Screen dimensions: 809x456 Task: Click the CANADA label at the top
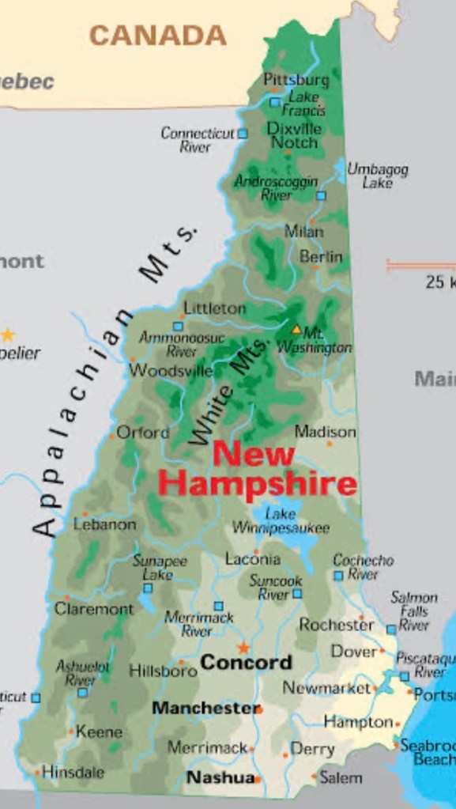(x=157, y=35)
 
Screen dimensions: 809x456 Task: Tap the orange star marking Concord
(x=243, y=648)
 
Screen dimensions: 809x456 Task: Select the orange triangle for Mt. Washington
(x=296, y=329)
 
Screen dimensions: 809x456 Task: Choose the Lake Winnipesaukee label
(x=281, y=520)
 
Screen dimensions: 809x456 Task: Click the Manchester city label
(x=205, y=708)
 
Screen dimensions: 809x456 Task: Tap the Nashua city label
(x=220, y=777)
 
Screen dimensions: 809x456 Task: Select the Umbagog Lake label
(x=378, y=176)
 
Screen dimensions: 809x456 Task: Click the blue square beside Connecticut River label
(x=243, y=134)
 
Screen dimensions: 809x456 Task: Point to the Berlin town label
(x=321, y=257)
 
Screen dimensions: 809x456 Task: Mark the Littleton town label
(x=214, y=308)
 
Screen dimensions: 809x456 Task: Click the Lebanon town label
(x=105, y=524)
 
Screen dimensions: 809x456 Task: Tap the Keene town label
(x=99, y=732)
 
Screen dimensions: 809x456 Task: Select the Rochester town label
(x=336, y=624)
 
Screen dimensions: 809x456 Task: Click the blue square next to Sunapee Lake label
(x=147, y=588)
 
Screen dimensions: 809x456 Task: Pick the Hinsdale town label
(x=73, y=771)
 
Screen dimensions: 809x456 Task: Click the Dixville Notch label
(x=294, y=135)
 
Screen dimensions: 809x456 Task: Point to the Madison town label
(x=325, y=432)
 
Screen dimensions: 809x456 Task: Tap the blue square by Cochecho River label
(x=338, y=576)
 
